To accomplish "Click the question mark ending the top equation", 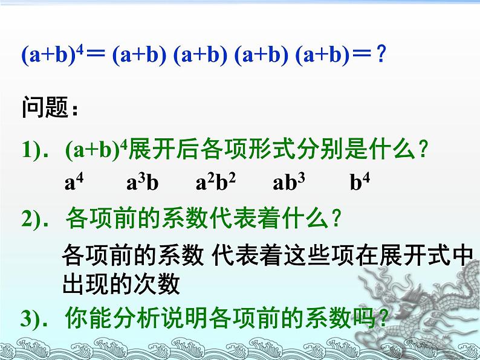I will click(x=380, y=57).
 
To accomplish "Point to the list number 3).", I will click(x=36, y=318).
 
